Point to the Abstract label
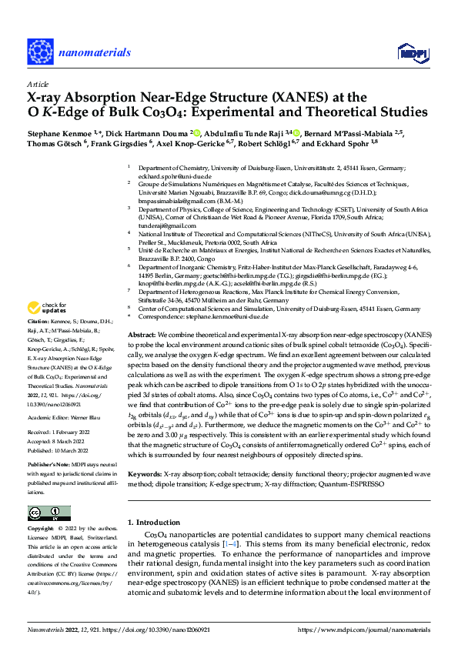pos(142,336)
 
